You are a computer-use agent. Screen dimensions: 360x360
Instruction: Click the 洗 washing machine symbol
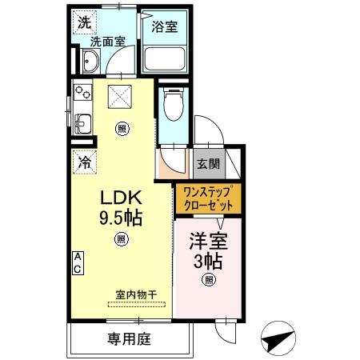pyautogui.click(x=84, y=23)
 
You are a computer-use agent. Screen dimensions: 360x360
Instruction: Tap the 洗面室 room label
pyautogui.click(x=106, y=42)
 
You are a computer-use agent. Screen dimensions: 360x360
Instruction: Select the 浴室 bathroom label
pyautogui.click(x=166, y=26)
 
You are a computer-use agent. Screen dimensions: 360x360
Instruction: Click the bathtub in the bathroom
pyautogui.click(x=166, y=58)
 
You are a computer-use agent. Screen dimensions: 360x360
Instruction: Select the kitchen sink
pyautogui.click(x=82, y=122)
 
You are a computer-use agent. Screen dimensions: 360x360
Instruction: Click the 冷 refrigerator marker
pyautogui.click(x=85, y=161)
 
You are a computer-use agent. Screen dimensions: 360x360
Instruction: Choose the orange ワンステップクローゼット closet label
pyautogui.click(x=208, y=198)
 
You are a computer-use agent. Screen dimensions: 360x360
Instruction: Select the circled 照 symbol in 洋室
pyautogui.click(x=209, y=279)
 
